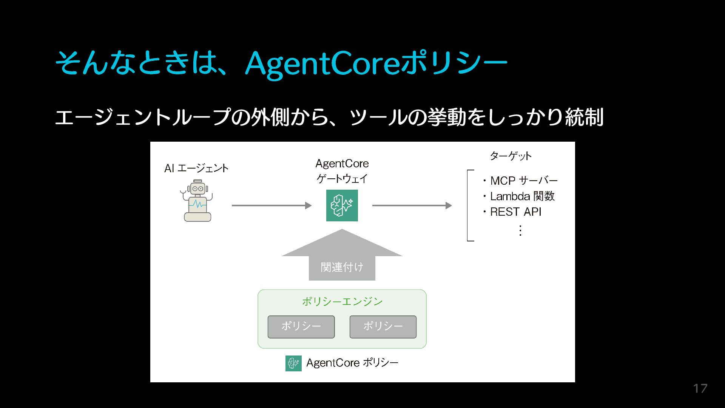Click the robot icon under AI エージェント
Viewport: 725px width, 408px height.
coord(197,201)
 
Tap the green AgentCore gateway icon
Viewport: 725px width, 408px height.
coord(342,206)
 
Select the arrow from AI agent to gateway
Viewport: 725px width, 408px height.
coord(271,206)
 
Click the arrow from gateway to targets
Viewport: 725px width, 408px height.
coord(412,206)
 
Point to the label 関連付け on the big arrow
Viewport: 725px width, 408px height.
coord(342,267)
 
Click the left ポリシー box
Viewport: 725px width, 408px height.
coord(301,327)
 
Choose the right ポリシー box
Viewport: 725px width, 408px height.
coord(383,327)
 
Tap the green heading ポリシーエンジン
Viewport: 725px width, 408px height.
coord(342,301)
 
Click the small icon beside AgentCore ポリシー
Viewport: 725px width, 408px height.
coord(293,363)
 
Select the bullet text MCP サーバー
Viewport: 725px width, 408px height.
coord(523,181)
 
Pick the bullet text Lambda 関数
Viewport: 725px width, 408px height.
coord(522,196)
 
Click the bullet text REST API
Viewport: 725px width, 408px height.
coord(515,212)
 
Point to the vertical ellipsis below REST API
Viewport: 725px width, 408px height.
coord(520,230)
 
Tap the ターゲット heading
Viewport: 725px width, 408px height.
coord(511,156)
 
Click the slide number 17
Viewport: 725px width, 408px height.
coord(700,388)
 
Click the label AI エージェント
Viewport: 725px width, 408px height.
coord(196,168)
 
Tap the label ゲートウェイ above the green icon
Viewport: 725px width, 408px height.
coord(342,178)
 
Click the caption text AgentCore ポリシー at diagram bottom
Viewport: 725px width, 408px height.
coord(352,363)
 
